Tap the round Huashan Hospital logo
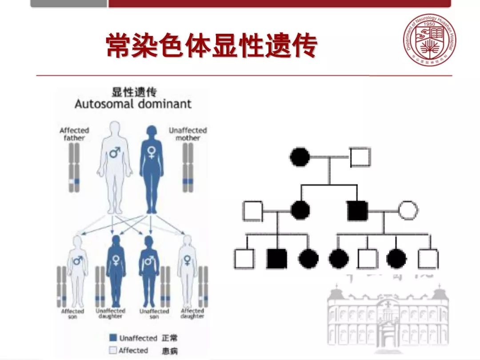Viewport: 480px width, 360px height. pyautogui.click(x=429, y=40)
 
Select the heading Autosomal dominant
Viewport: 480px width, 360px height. pyautogui.click(x=133, y=104)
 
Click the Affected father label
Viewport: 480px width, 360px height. pyautogui.click(x=74, y=134)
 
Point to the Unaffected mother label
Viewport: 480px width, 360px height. pyautogui.click(x=188, y=134)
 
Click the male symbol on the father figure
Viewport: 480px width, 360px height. pyautogui.click(x=116, y=153)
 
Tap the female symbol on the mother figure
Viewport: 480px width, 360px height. pyautogui.click(x=151, y=153)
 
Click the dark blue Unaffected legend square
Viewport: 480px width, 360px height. pyautogui.click(x=113, y=338)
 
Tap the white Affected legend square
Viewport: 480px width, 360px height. pyautogui.click(x=113, y=350)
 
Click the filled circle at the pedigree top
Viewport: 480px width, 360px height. pyautogui.click(x=300, y=156)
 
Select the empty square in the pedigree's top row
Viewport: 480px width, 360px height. pyautogui.click(x=360, y=156)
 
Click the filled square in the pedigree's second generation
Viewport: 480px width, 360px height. pyautogui.click(x=358, y=210)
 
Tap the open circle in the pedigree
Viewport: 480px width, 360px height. pyautogui.click(x=408, y=210)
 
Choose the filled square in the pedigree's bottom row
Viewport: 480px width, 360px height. pyautogui.click(x=276, y=259)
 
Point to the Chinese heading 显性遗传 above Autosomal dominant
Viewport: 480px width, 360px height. pyautogui.click(x=133, y=92)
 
